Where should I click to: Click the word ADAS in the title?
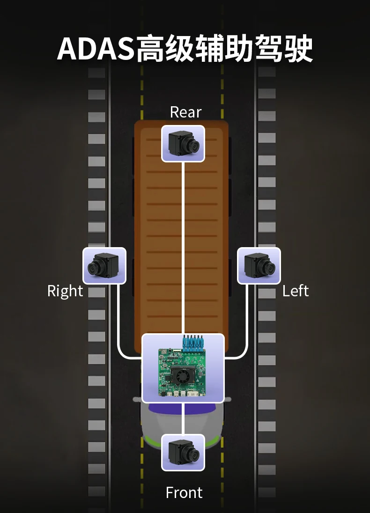click(x=96, y=48)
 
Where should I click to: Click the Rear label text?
click(x=185, y=112)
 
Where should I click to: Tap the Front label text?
click(x=184, y=492)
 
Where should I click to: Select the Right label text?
click(x=65, y=291)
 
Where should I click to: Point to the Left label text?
click(x=296, y=291)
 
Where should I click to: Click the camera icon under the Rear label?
click(x=183, y=144)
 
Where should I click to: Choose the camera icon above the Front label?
click(x=183, y=452)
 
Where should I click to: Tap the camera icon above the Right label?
click(x=104, y=266)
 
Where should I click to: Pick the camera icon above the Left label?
click(x=259, y=266)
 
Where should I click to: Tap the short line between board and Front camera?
click(x=183, y=418)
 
